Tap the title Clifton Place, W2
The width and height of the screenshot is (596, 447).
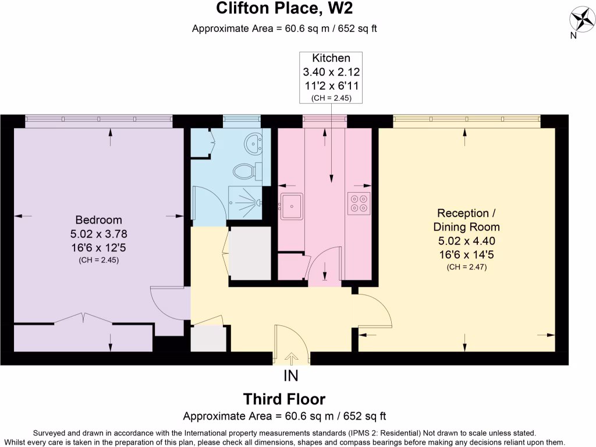285,9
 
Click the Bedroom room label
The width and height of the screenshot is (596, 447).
99,220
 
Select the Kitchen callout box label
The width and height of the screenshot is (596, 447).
331,58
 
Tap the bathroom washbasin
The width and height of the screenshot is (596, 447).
253,141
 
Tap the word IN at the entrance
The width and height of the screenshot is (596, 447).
291,375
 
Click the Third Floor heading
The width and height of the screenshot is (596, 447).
284,399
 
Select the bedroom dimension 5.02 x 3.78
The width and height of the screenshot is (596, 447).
99,234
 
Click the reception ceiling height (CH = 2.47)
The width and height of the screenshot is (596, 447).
466,267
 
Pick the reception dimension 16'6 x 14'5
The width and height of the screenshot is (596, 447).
466,254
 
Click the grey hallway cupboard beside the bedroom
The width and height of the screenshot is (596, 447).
208,338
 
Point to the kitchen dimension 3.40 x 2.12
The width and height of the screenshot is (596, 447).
331,72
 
